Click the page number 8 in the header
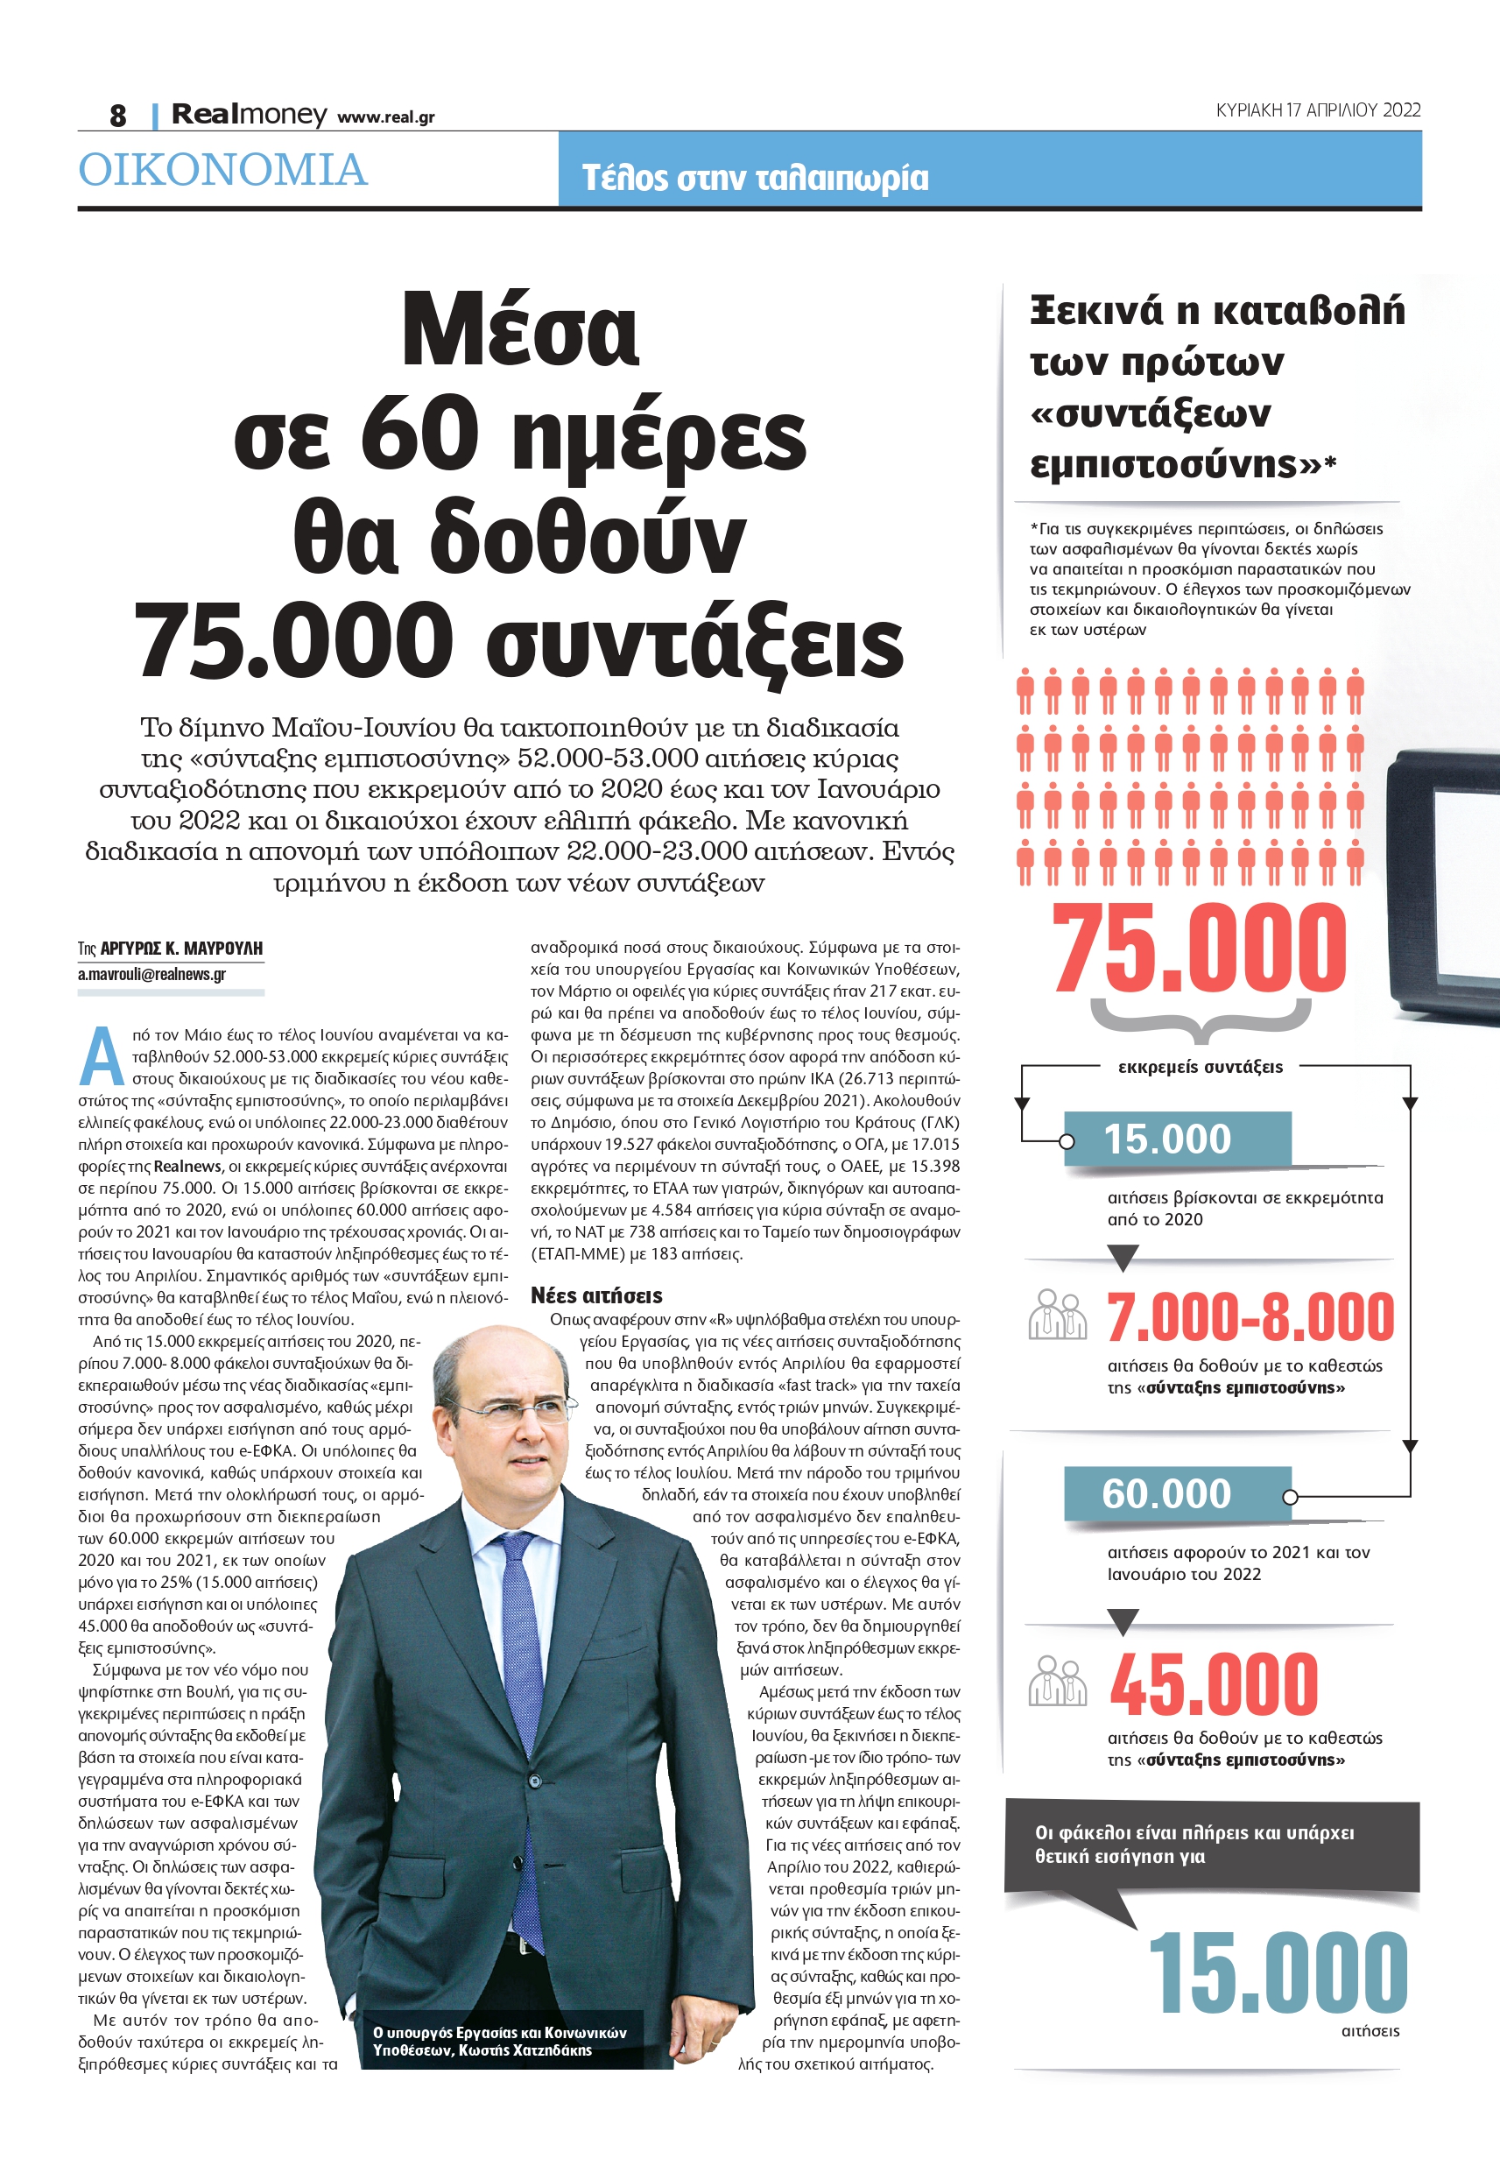[117, 116]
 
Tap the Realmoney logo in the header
[249, 115]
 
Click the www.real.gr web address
[385, 117]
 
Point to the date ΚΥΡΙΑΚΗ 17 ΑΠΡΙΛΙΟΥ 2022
[1318, 110]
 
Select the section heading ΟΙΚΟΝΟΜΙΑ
[222, 170]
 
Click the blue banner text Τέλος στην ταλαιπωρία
[755, 178]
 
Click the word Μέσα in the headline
[520, 331]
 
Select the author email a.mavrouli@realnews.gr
[151, 974]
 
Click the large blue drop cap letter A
[102, 1056]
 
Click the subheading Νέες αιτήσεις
[595, 1295]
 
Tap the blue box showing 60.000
[1177, 1492]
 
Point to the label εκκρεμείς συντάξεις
[1201, 1067]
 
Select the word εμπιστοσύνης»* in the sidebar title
[1182, 464]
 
